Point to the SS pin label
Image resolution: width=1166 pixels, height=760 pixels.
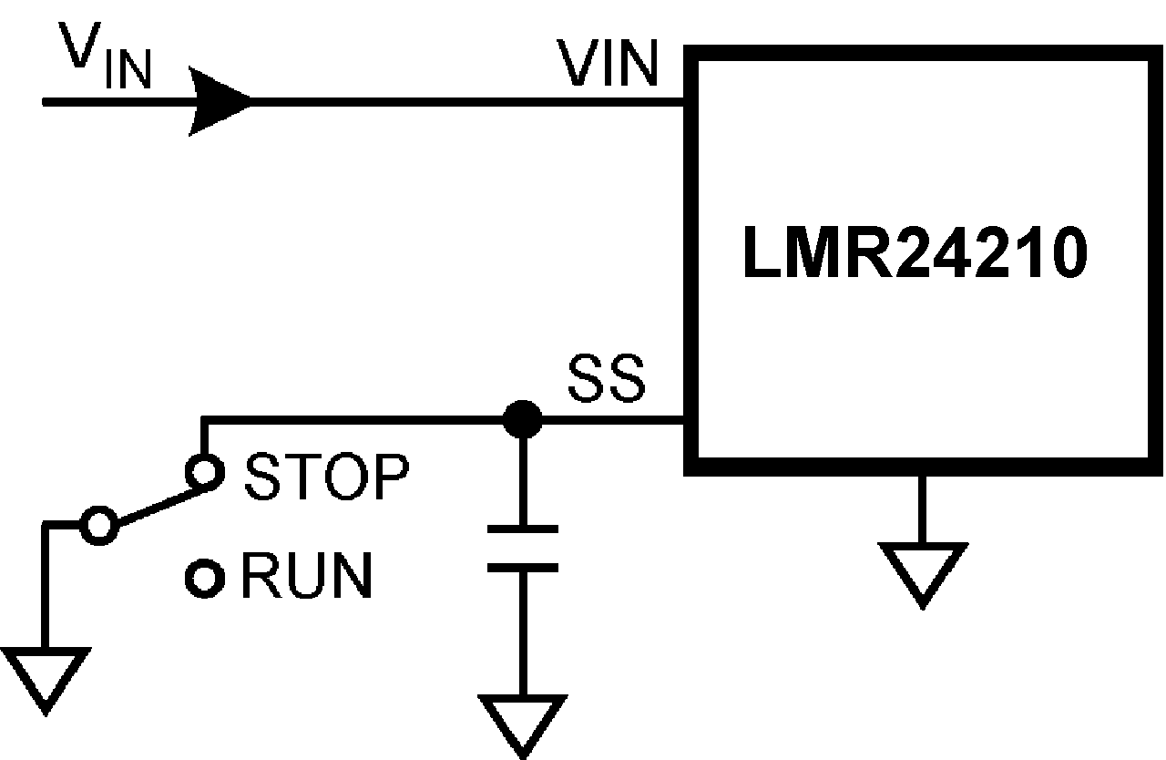(x=606, y=380)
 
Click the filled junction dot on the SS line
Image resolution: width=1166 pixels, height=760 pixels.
(x=522, y=420)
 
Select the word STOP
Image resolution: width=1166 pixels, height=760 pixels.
(x=326, y=476)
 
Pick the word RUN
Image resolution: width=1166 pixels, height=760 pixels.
(x=307, y=576)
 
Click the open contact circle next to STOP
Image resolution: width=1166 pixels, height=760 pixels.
(x=203, y=472)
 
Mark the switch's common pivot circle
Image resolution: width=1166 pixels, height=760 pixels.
(x=98, y=526)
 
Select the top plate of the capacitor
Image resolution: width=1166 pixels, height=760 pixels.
(x=522, y=529)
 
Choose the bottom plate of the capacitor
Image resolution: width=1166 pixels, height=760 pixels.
(x=522, y=567)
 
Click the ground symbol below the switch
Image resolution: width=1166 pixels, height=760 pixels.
(x=46, y=674)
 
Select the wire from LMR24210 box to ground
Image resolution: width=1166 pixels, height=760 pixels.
(x=922, y=508)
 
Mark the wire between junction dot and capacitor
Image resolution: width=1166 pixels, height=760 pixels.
(x=522, y=478)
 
